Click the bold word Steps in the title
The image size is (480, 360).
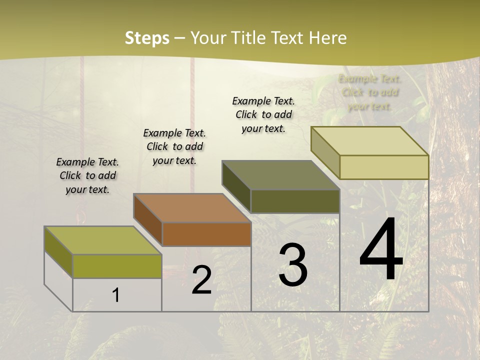(147, 38)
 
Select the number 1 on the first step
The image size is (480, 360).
(116, 295)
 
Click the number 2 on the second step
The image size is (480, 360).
(201, 280)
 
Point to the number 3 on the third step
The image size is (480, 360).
(293, 265)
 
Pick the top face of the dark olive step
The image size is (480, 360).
(280, 175)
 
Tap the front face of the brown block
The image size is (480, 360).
(206, 234)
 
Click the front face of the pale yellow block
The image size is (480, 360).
(384, 167)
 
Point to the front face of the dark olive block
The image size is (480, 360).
(295, 201)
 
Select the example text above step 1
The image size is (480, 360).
(87, 175)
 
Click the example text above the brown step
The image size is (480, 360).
(174, 146)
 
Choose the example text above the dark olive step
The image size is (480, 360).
(263, 114)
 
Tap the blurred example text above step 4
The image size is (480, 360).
(369, 92)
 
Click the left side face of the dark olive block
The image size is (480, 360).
(236, 186)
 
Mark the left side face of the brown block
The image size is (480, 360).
(147, 220)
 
